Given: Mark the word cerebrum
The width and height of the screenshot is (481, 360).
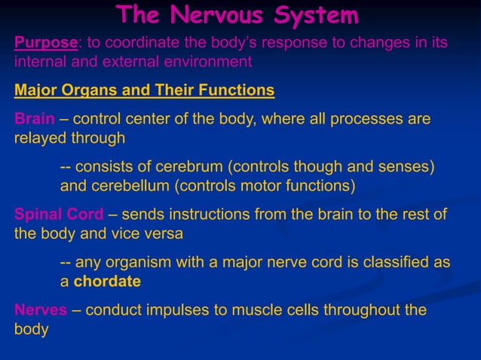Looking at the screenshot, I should click(x=190, y=166).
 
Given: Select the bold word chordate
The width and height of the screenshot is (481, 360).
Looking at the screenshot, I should click(x=107, y=282).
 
